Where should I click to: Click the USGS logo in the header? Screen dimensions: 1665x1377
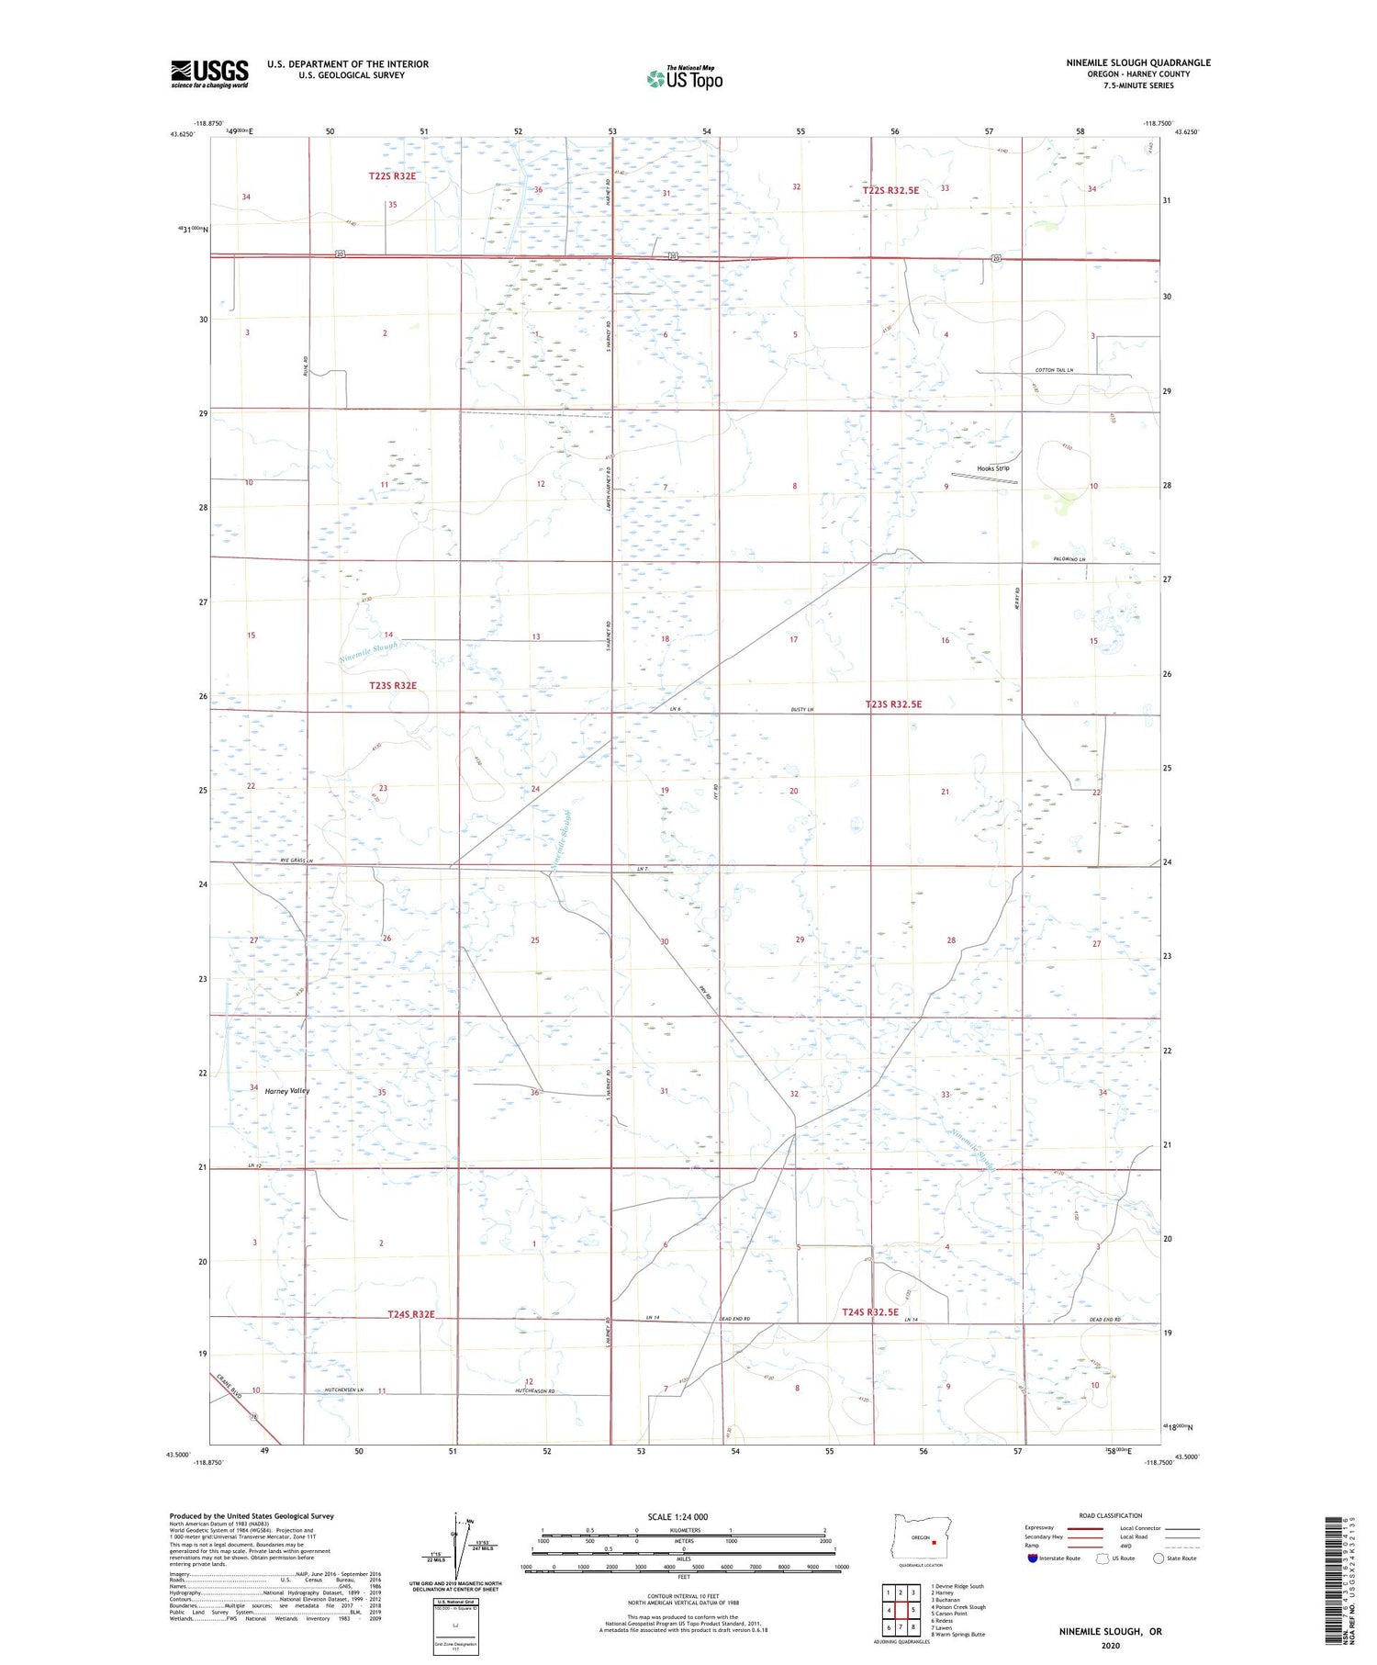click(209, 73)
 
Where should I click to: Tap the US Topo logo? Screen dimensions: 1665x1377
click(684, 78)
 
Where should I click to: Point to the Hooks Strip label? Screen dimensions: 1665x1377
click(993, 468)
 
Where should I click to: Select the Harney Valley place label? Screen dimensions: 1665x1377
click(286, 1091)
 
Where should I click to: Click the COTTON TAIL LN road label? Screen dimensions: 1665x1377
click(1054, 370)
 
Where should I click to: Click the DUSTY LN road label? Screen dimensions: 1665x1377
click(802, 710)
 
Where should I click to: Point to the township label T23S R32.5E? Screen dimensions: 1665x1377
click(893, 704)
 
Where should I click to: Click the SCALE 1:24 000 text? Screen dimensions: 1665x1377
click(677, 1516)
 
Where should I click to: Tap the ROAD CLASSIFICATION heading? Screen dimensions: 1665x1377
click(1111, 1515)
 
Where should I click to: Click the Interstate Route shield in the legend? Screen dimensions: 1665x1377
click(1033, 1558)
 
